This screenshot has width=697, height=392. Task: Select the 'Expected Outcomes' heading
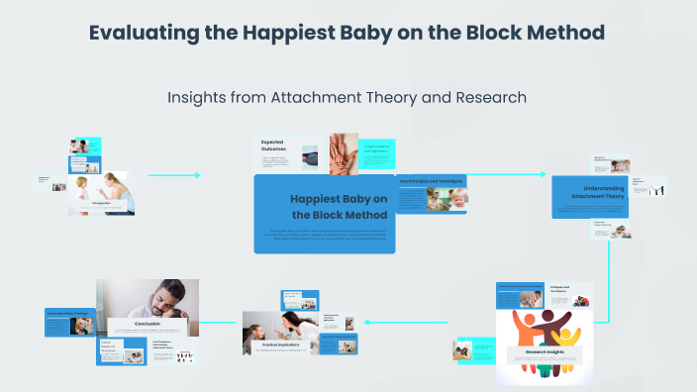coord(275,146)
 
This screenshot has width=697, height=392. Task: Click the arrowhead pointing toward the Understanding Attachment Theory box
coord(542,175)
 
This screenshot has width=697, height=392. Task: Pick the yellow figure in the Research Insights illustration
coord(570,327)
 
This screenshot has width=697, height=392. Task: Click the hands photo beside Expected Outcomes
coord(344,152)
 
